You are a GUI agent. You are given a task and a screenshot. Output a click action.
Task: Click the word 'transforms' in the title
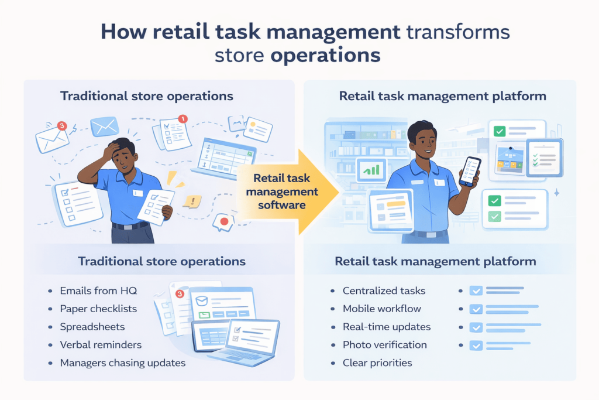(x=458, y=32)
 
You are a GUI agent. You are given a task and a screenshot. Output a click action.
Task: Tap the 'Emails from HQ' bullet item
(x=98, y=291)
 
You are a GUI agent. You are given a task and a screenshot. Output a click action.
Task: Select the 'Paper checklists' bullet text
(x=98, y=309)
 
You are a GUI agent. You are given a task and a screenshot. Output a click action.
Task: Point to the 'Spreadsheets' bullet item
(x=92, y=327)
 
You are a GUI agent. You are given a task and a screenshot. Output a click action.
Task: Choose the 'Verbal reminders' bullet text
(x=101, y=345)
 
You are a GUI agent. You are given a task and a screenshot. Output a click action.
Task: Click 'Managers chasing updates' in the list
(x=123, y=363)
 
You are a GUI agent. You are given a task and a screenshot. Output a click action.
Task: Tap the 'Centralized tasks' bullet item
(x=384, y=291)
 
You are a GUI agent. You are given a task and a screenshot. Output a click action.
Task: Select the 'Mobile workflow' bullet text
(x=381, y=309)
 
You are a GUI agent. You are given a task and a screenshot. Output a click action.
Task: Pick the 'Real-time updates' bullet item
(x=387, y=327)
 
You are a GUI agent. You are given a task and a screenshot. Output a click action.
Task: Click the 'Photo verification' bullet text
(x=385, y=345)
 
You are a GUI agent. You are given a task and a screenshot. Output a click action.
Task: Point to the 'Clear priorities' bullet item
(x=377, y=363)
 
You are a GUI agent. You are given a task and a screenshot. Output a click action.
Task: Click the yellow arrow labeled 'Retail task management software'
(x=287, y=191)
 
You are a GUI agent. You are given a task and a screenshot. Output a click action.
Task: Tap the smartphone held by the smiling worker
(x=469, y=172)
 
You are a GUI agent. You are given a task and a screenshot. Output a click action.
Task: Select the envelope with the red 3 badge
(x=52, y=137)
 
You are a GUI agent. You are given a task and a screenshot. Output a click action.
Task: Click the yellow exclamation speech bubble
(x=192, y=201)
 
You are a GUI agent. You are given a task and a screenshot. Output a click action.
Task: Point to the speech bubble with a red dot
(x=223, y=223)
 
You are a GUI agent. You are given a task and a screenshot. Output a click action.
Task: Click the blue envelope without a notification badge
(x=105, y=126)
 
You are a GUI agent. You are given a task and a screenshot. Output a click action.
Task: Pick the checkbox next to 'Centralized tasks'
(x=476, y=291)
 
